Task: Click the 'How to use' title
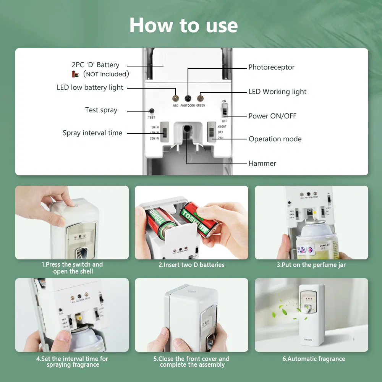pyautogui.click(x=183, y=25)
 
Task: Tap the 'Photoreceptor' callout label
pyautogui.click(x=271, y=67)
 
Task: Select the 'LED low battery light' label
pyautogui.click(x=90, y=87)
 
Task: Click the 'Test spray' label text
pyautogui.click(x=101, y=110)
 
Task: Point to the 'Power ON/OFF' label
pyautogui.click(x=272, y=116)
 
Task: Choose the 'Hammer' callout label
pyautogui.click(x=262, y=163)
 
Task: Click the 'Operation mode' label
pyautogui.click(x=275, y=139)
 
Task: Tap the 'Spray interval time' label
pyautogui.click(x=92, y=133)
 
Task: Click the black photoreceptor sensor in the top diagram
pyautogui.click(x=188, y=98)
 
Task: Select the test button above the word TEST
pyautogui.click(x=152, y=111)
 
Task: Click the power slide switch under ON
pyautogui.click(x=225, y=111)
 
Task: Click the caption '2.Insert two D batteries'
pyautogui.click(x=191, y=265)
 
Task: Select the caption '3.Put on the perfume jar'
pyautogui.click(x=311, y=265)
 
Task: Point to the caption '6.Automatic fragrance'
pyautogui.click(x=313, y=359)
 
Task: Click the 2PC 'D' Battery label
pyautogui.click(x=95, y=65)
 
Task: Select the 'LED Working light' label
pyautogui.click(x=277, y=92)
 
